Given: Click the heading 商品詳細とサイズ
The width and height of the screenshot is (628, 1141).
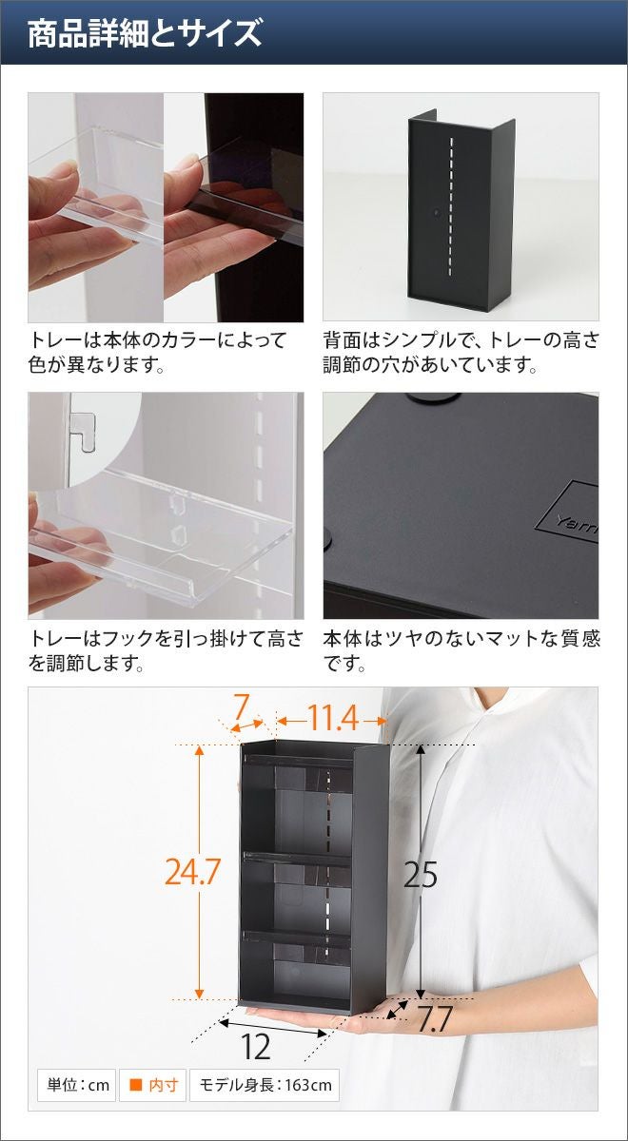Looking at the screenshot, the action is point(145,33).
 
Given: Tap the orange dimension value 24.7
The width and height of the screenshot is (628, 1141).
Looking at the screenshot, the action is point(192,872).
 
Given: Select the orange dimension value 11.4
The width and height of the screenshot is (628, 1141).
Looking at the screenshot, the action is point(333,719).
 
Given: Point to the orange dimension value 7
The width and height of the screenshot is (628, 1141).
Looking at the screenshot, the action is point(241,707).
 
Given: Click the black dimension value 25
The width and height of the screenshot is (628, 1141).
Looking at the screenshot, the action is point(420,875).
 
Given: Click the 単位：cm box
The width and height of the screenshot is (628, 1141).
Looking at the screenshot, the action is point(77,1085).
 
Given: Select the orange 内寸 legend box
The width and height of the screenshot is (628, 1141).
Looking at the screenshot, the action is point(153,1085).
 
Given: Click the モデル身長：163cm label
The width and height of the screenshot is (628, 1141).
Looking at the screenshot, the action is point(265,1085).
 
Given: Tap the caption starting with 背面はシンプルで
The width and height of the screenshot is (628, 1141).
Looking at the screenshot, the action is point(461,352).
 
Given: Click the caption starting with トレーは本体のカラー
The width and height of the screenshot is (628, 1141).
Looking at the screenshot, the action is point(158,352).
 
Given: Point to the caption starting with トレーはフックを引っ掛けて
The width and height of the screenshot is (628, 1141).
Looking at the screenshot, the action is point(166,651).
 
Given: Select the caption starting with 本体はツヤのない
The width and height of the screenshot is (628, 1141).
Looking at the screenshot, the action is point(461,651).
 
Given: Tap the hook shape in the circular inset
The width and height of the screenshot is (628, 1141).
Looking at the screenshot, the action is point(84,431).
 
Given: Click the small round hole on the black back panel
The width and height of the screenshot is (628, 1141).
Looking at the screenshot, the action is point(437,209).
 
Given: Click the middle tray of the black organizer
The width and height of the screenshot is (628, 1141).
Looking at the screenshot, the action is point(297,860).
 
